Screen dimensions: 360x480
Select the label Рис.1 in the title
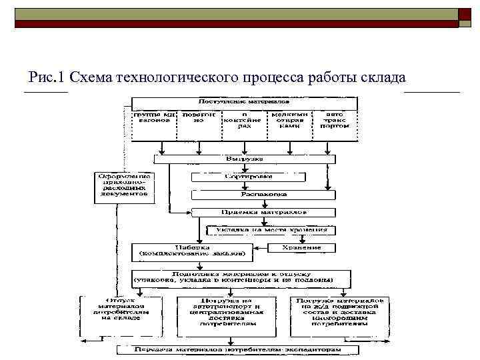tap(47, 77)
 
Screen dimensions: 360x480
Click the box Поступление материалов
tap(244, 103)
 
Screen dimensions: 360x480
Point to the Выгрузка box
tap(244, 159)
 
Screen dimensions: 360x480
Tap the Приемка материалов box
tap(263, 212)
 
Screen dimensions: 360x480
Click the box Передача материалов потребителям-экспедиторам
tap(237, 349)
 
